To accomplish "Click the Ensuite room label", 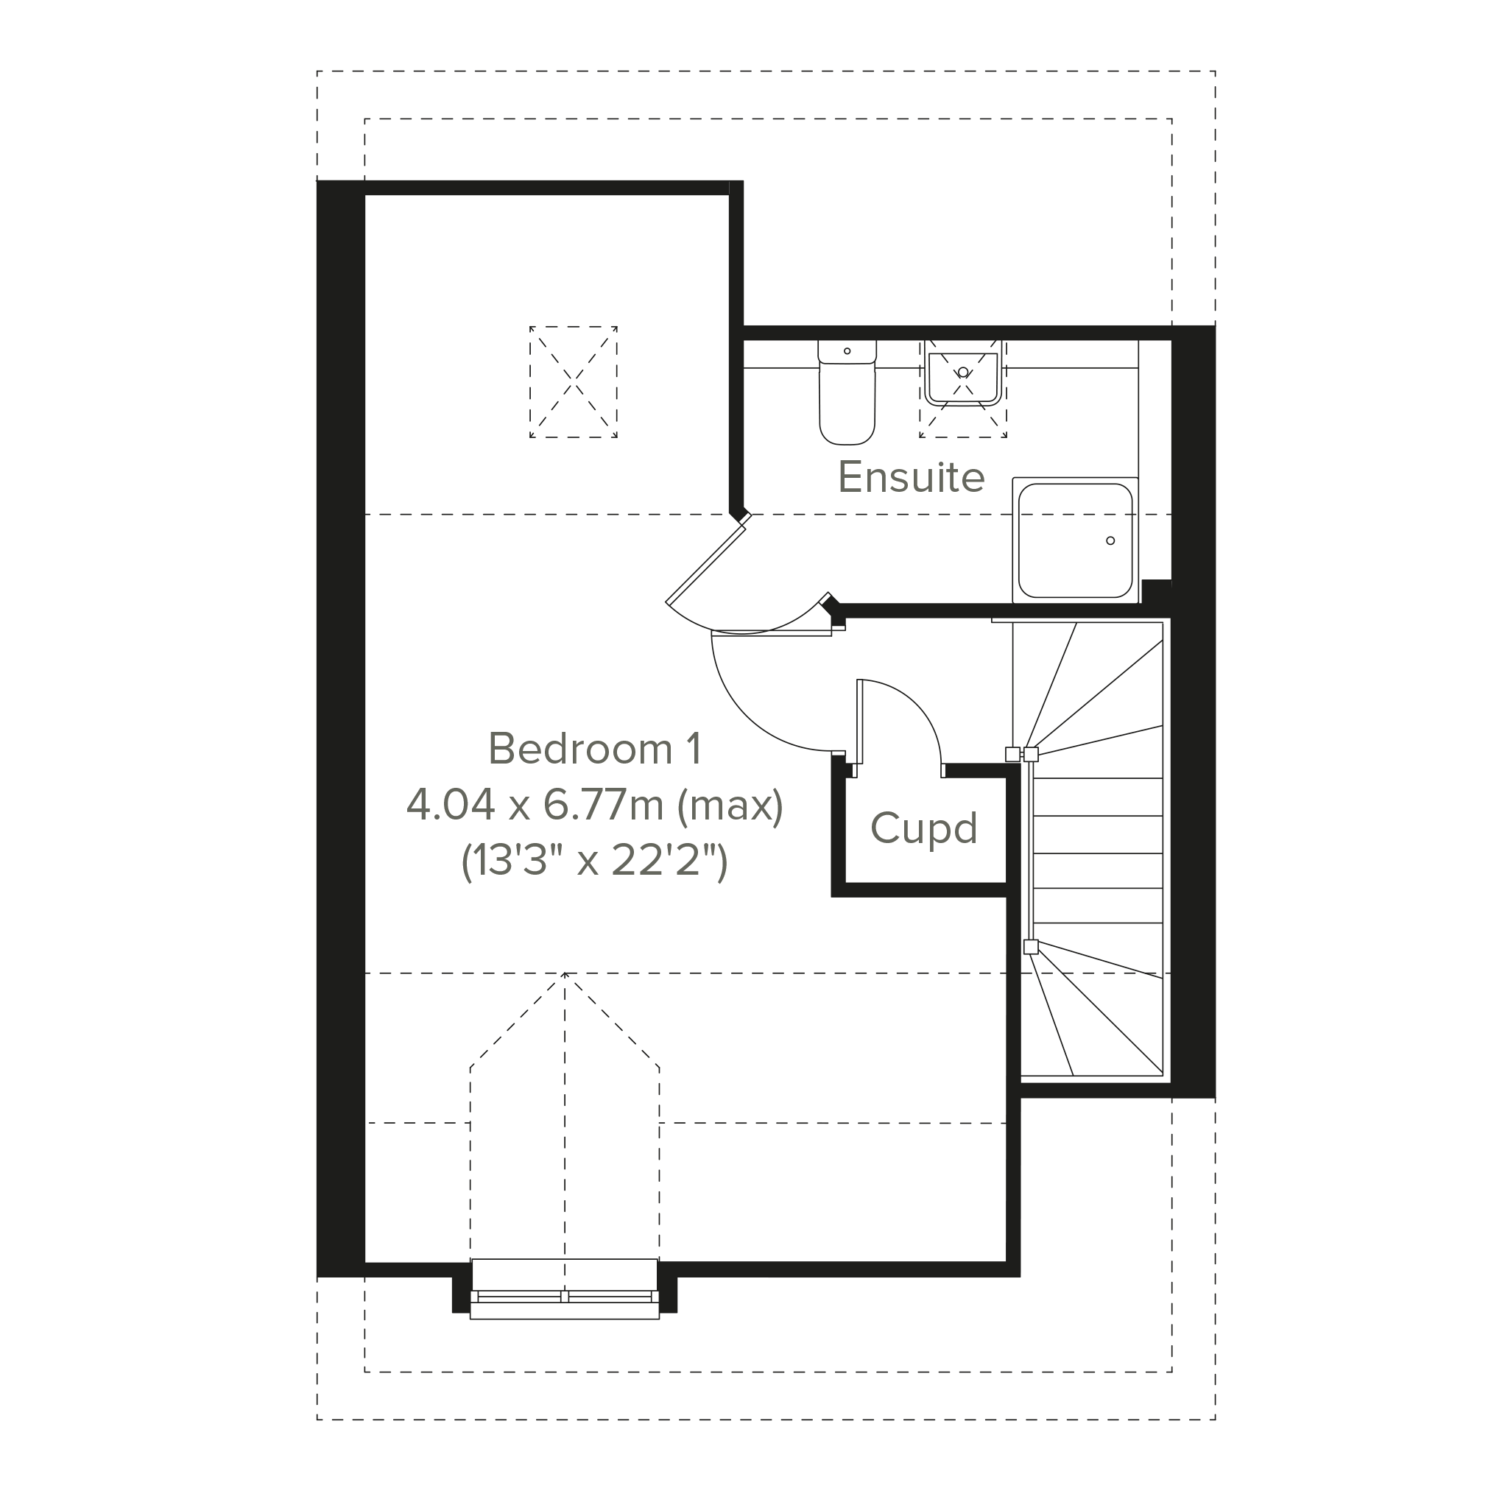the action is tap(911, 477).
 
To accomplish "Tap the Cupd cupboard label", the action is tap(924, 829).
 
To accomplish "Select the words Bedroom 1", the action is tap(595, 749).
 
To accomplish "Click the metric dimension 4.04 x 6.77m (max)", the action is tap(594, 805).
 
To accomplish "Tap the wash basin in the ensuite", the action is tap(963, 378).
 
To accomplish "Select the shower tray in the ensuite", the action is tap(1075, 540).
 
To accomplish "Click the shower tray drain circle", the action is tap(1110, 540).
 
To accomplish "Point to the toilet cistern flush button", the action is tap(847, 351).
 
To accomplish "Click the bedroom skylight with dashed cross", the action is tap(574, 382).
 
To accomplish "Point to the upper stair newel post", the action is tap(1030, 754).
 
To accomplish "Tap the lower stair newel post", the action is tap(1030, 946).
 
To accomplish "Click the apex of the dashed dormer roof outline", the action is tap(565, 973).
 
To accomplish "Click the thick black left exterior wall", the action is tap(340, 729).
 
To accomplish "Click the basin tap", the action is tap(963, 373).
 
